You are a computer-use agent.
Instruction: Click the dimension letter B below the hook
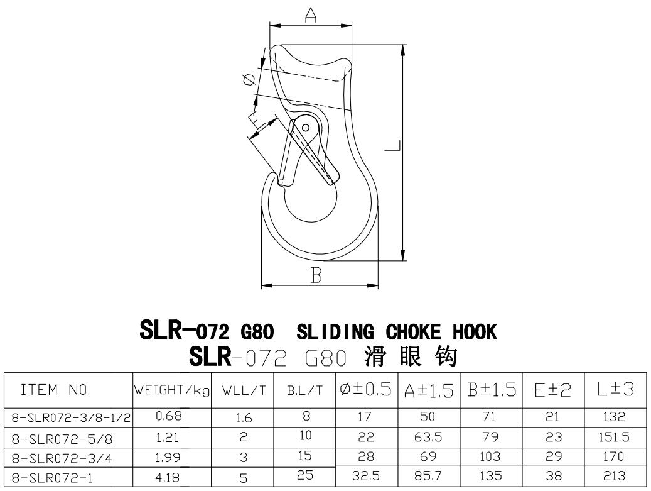pyautogui.click(x=316, y=275)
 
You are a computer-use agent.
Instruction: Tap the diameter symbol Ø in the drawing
pyautogui.click(x=248, y=79)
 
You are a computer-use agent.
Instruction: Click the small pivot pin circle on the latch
pyautogui.click(x=306, y=127)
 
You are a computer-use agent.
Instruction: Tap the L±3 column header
pyautogui.click(x=616, y=390)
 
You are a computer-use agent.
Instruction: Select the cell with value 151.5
pyautogui.click(x=616, y=436)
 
